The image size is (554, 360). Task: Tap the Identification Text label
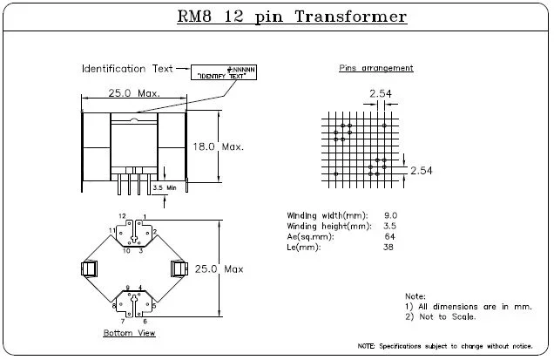[x=125, y=68]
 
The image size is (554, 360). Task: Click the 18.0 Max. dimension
[x=217, y=146]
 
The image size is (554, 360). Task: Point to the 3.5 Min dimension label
[x=164, y=187]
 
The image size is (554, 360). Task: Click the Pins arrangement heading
[x=375, y=68]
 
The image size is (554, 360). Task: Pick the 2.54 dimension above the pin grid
[x=380, y=93]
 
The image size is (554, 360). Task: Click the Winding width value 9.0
[x=390, y=214]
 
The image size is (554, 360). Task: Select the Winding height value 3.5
[x=390, y=226]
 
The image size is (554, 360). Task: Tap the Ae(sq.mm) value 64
[x=389, y=236]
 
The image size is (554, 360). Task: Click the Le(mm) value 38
[x=389, y=247]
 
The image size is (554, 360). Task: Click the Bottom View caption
[x=129, y=333]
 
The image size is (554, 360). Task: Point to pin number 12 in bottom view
[x=122, y=214]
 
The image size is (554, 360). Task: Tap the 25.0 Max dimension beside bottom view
[x=220, y=269]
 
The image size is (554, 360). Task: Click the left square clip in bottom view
[x=88, y=269]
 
